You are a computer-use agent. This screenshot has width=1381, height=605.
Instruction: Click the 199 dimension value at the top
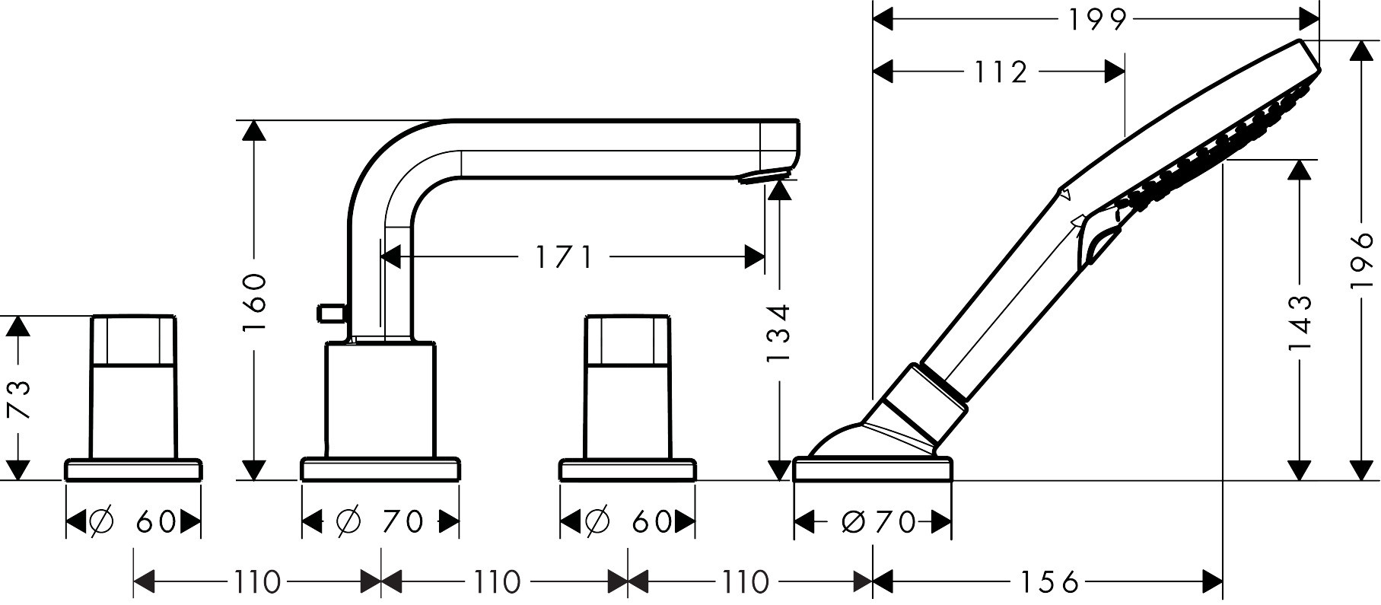pos(1096,21)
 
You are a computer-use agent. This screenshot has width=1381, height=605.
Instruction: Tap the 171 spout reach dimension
pos(563,258)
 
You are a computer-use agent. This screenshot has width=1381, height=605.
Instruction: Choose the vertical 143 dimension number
pos(1300,323)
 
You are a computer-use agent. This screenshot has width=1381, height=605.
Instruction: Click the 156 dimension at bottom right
pos(1051,583)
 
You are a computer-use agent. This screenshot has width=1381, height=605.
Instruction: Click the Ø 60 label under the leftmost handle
pos(133,522)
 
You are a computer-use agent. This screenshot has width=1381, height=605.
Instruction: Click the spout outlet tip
pos(764,177)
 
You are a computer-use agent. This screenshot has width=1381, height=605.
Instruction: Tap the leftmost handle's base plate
pos(134,470)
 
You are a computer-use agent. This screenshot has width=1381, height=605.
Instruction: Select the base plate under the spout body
pos(380,470)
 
